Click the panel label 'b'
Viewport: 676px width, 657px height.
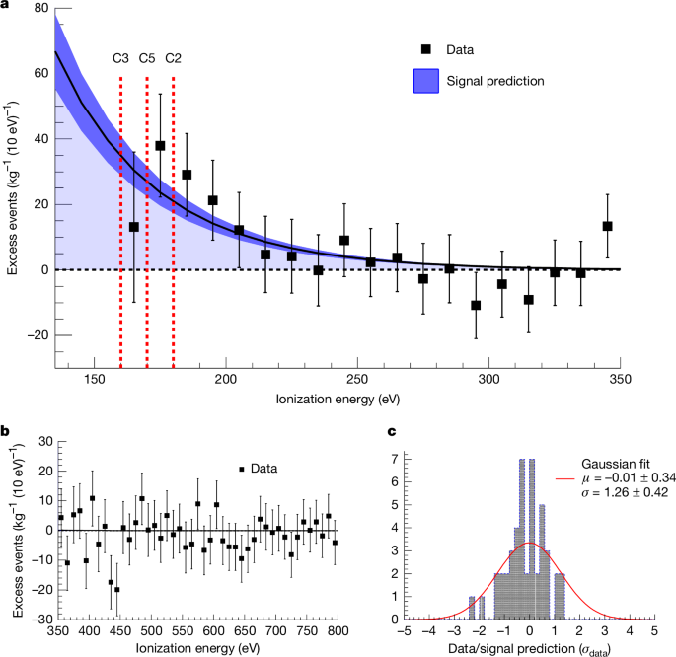click(6, 431)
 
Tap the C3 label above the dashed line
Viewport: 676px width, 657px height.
click(120, 58)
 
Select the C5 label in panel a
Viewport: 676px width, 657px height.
click(147, 58)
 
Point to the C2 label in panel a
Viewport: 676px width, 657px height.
click(173, 58)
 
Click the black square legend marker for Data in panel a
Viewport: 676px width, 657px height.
click(426, 48)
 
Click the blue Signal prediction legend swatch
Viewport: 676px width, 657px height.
click(426, 81)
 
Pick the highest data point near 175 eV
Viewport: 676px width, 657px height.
click(160, 146)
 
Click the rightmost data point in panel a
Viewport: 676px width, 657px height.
click(608, 226)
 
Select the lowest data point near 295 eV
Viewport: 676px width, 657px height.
click(476, 305)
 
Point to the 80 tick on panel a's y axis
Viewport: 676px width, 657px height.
click(42, 8)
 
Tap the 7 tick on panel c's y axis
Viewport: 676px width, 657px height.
click(394, 459)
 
